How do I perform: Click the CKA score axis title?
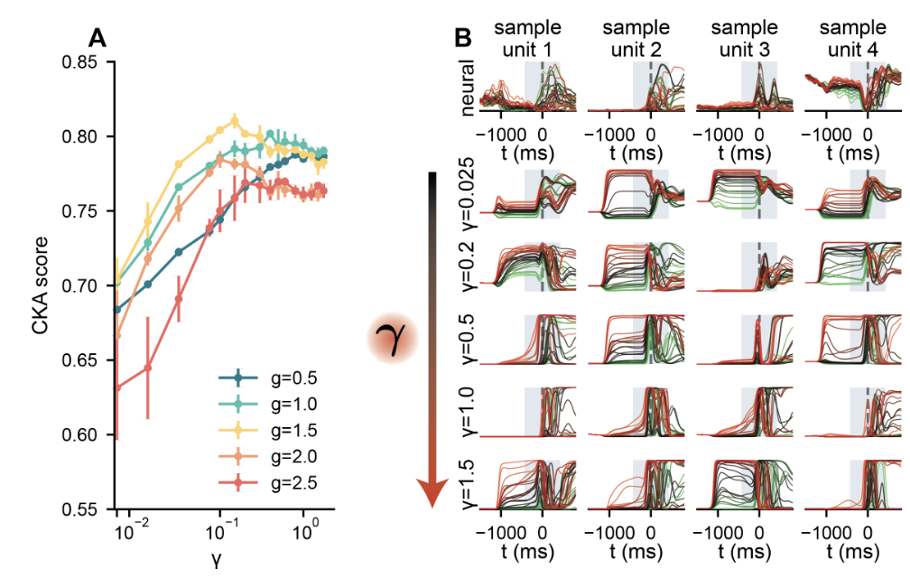click(x=42, y=286)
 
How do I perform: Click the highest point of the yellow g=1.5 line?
click(x=235, y=120)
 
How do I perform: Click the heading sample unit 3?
click(x=758, y=37)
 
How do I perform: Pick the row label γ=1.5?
click(x=469, y=485)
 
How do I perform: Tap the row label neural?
click(x=469, y=87)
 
